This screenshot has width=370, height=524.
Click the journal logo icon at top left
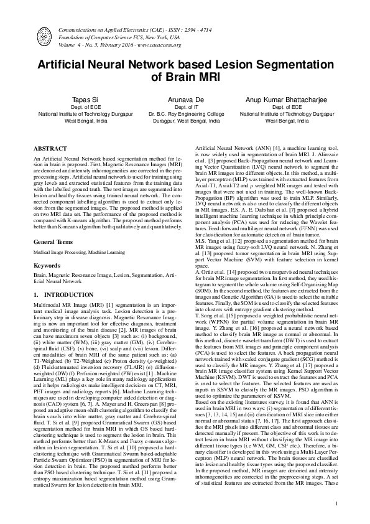tap(45, 37)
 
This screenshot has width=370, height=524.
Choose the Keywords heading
tap(47, 248)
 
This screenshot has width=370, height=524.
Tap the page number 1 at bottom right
tap(336, 503)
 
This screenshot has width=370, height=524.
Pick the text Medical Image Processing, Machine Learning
tap(76, 235)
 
